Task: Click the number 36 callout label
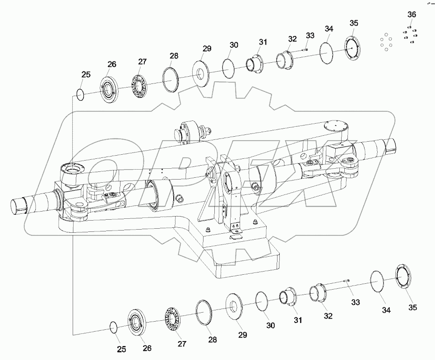pyautogui.click(x=412, y=14)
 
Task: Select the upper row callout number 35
pyautogui.click(x=354, y=23)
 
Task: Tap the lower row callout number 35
pyautogui.click(x=413, y=307)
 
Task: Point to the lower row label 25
pyautogui.click(x=121, y=349)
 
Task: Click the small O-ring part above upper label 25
pyautogui.click(x=80, y=95)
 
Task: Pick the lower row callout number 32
pyautogui.click(x=328, y=316)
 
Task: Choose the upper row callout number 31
pyautogui.click(x=263, y=42)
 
